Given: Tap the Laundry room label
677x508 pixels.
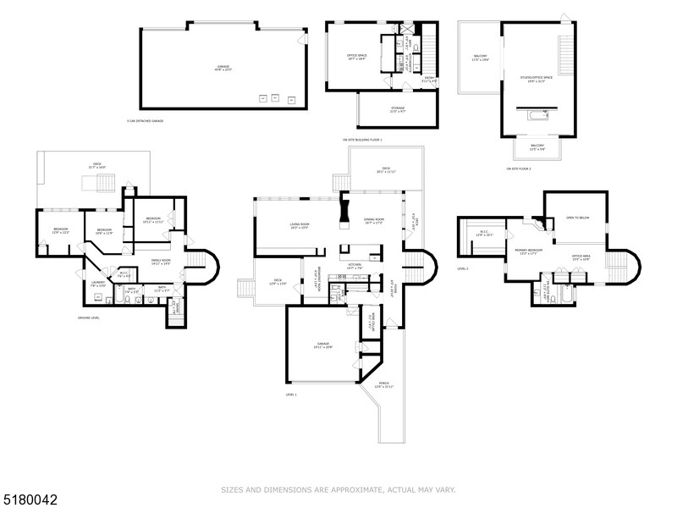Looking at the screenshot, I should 99,284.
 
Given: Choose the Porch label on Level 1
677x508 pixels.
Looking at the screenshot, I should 384,386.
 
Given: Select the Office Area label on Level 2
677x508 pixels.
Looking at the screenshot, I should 581,257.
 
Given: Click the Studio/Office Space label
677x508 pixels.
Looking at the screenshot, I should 537,77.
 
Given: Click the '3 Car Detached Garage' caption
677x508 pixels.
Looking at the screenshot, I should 145,121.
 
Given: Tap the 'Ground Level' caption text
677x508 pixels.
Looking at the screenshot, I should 87,318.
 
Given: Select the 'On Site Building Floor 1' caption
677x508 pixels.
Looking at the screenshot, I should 362,139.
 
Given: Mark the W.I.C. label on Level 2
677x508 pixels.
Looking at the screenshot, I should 484,233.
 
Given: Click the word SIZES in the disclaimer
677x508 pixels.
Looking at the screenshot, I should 233,489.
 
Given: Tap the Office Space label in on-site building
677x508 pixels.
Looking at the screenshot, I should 356,58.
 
